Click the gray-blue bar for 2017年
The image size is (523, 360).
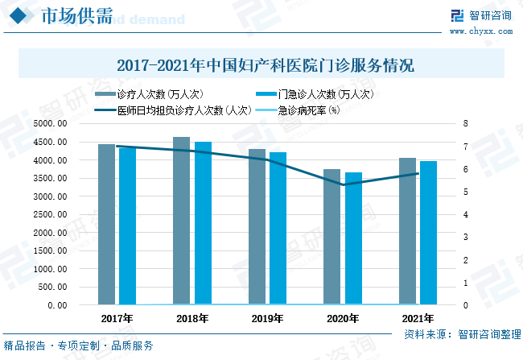(x=106, y=225)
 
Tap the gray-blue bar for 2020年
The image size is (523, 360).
(x=332, y=237)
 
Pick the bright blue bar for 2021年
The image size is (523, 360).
(x=428, y=233)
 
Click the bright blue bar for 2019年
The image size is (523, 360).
(x=278, y=229)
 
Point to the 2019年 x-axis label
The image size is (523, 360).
(x=267, y=319)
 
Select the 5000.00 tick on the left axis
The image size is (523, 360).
(x=51, y=124)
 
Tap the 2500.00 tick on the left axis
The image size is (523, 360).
(x=51, y=215)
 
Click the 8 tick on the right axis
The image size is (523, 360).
(x=465, y=124)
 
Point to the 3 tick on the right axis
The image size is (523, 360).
(x=465, y=238)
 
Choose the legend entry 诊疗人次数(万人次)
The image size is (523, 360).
(x=159, y=93)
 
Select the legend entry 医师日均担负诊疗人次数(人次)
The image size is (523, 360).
(x=183, y=110)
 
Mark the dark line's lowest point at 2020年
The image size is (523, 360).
(x=344, y=184)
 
